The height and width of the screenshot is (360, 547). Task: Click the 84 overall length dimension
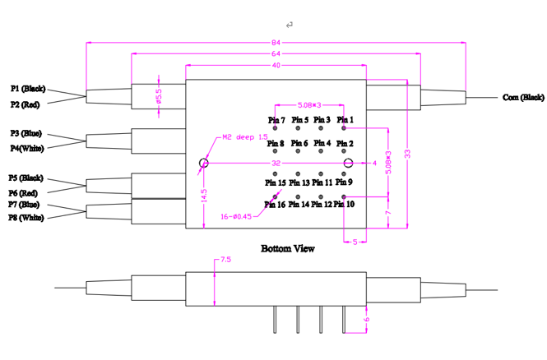276,43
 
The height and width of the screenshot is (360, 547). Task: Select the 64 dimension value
276,54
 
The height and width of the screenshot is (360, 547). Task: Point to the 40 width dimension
276,66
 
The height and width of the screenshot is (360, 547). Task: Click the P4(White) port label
28,149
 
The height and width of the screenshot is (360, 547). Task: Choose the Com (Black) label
523,98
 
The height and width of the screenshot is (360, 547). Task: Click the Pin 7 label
276,120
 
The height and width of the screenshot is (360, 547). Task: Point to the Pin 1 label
345,120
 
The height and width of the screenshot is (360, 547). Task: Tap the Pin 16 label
276,205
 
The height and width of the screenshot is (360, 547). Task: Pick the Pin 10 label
345,205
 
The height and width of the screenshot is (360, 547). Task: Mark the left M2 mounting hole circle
204,163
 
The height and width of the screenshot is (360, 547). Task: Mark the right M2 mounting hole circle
349,163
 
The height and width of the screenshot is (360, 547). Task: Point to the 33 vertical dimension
406,153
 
